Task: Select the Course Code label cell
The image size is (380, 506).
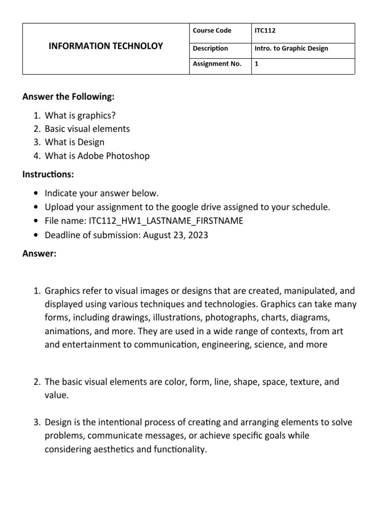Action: coord(212,31)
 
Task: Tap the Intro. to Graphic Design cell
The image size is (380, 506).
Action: coord(291,48)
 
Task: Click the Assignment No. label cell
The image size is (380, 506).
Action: coord(217,64)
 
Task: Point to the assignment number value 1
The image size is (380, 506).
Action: coord(256,64)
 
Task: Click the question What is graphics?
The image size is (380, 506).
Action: coord(82,115)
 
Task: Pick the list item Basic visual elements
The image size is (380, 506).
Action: coord(87,129)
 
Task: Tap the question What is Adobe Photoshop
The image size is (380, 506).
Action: coord(97,156)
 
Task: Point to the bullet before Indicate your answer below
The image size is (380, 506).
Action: coord(37,193)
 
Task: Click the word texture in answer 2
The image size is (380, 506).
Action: coord(300,382)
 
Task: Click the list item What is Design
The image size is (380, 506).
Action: coord(74,142)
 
